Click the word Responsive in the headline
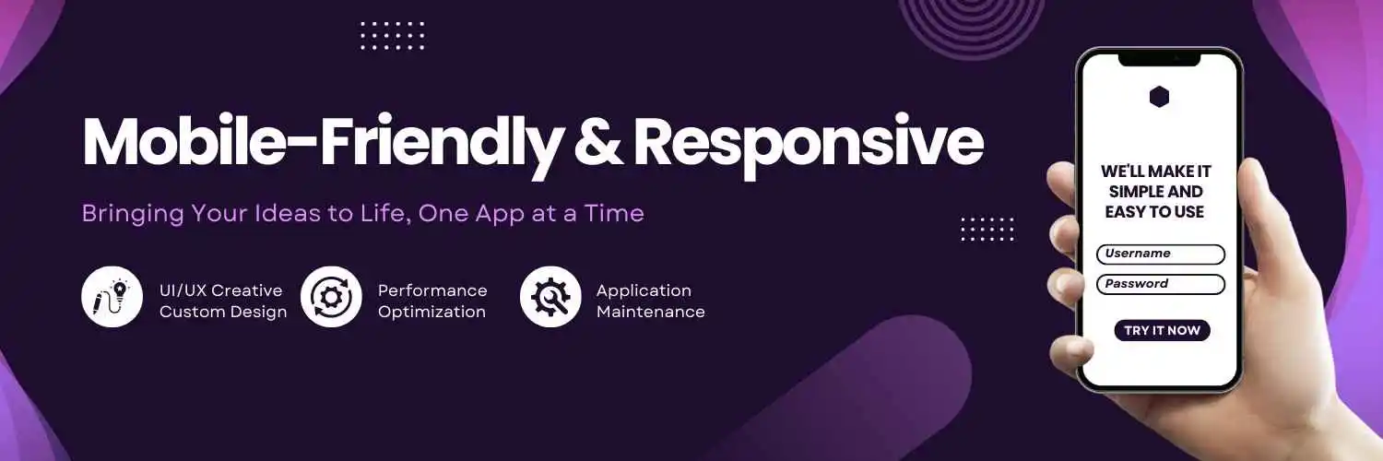[809, 146]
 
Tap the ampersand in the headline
[598, 141]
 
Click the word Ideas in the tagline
[287, 214]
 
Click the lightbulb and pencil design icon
[112, 297]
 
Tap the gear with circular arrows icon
[331, 297]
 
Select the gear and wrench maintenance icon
[550, 297]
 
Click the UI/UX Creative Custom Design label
[223, 301]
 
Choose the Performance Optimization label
[432, 301]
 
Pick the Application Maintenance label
[651, 301]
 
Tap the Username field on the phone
[1161, 254]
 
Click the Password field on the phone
[1161, 285]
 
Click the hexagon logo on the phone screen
[1160, 97]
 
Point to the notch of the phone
[1160, 60]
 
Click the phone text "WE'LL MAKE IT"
[1156, 171]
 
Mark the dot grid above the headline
[393, 36]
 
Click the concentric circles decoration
[971, 26]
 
